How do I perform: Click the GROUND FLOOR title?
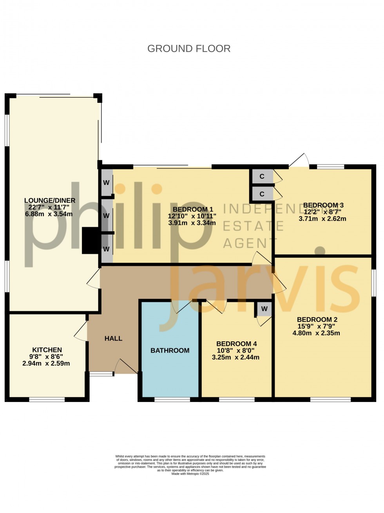(x=189, y=48)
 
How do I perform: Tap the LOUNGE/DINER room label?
(x=49, y=201)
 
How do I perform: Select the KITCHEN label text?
(x=47, y=350)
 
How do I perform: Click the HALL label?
(x=113, y=338)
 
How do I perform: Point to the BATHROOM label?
(x=170, y=350)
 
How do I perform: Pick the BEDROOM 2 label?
(x=317, y=319)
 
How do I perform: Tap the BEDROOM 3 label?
(x=323, y=205)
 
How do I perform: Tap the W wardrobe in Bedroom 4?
(x=264, y=309)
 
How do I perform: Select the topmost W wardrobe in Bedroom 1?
(x=106, y=183)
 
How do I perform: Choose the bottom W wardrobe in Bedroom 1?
(x=106, y=249)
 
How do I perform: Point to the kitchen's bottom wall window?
(x=47, y=399)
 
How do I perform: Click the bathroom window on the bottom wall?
(x=172, y=399)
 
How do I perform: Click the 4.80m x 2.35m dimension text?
(x=317, y=333)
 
